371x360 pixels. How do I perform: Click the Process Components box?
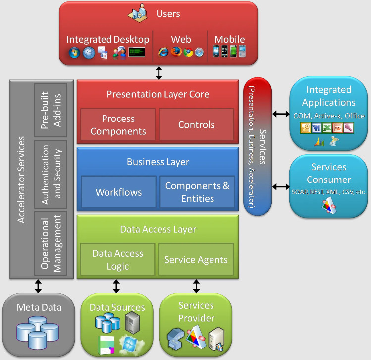pyautogui.click(x=118, y=124)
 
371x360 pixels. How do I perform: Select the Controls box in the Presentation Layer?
pyautogui.click(x=196, y=124)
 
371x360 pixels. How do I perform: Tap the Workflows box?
pyautogui.click(x=118, y=191)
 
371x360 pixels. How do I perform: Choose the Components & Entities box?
pyautogui.click(x=197, y=191)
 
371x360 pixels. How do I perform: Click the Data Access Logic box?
pyautogui.click(x=117, y=259)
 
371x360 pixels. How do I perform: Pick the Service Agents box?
pyautogui.click(x=196, y=259)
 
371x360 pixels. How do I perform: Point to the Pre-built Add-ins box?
pyautogui.click(x=51, y=110)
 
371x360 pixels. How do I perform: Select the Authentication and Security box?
pyautogui.click(x=51, y=175)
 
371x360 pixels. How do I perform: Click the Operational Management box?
pyautogui.click(x=51, y=243)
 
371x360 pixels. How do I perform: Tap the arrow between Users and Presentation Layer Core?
pyautogui.click(x=159, y=73)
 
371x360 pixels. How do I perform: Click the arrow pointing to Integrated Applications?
pyautogui.click(x=281, y=114)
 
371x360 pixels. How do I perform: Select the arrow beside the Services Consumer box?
pyautogui.click(x=281, y=187)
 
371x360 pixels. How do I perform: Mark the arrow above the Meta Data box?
pyautogui.click(x=38, y=286)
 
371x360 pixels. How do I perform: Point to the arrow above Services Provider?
pyautogui.click(x=196, y=286)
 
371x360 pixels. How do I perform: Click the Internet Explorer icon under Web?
pyautogui.click(x=163, y=52)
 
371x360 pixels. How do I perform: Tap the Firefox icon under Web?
pyautogui.click(x=176, y=52)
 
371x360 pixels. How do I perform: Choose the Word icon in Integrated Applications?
pyautogui.click(x=317, y=128)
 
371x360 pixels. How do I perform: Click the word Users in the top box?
pyautogui.click(x=168, y=14)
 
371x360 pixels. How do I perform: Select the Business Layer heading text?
pyautogui.click(x=158, y=162)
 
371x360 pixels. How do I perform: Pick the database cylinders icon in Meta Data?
pyautogui.click(x=38, y=333)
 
